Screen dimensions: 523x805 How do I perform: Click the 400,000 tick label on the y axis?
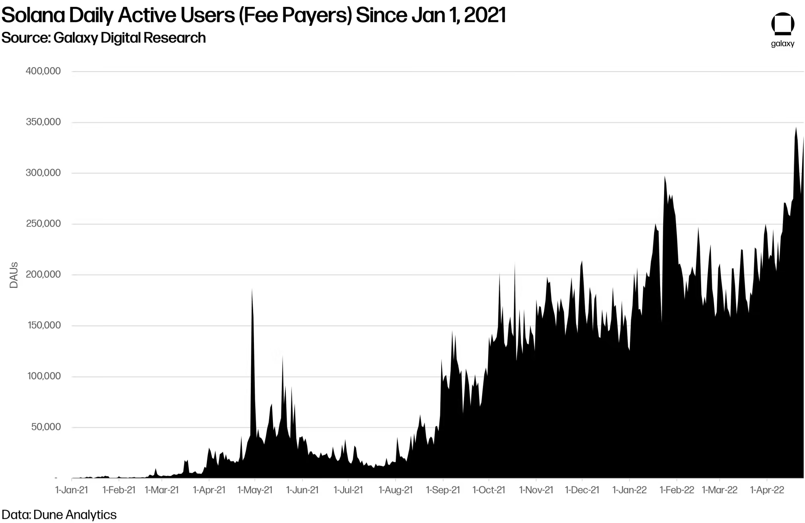[x=43, y=71]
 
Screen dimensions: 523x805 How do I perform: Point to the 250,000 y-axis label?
[x=43, y=224]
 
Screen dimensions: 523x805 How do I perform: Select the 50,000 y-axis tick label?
[x=46, y=427]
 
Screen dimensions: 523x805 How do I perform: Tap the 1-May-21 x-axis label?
[x=255, y=490]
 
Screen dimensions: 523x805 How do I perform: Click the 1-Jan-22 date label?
[x=630, y=490]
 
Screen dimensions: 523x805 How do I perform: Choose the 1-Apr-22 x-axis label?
[x=767, y=490]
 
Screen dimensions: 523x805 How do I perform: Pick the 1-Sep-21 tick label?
[x=443, y=490]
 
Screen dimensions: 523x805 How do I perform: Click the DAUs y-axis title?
[x=14, y=275]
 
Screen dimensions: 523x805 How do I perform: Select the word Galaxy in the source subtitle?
[x=76, y=38]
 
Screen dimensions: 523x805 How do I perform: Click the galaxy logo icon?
[x=782, y=24]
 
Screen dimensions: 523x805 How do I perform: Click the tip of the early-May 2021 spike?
[x=252, y=289]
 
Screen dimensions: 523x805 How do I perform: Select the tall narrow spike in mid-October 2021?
[x=515, y=264]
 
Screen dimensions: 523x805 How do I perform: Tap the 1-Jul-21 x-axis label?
[x=348, y=490]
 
